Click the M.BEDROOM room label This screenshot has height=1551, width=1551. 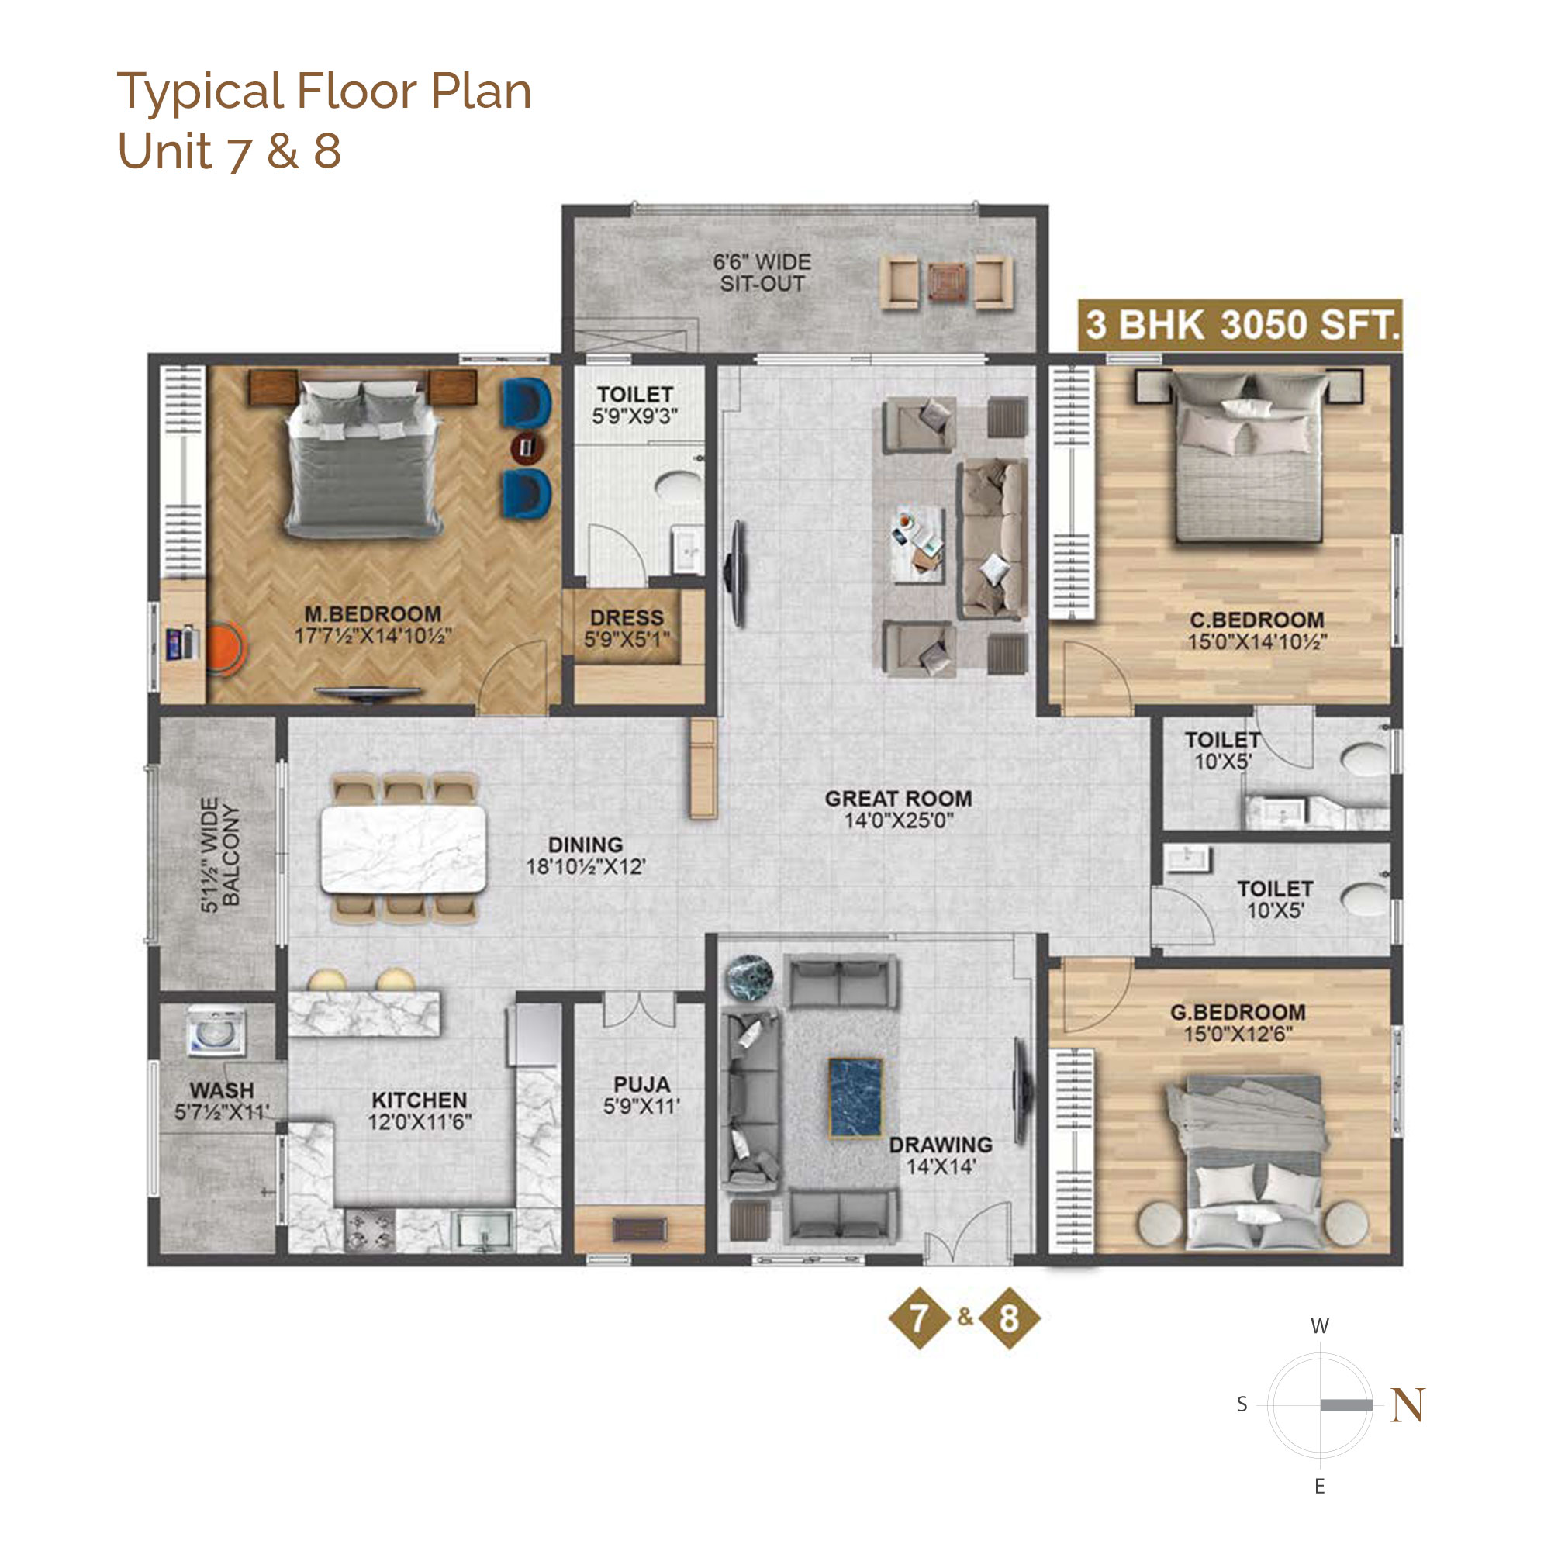(x=372, y=614)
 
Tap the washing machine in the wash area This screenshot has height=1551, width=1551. (x=216, y=1030)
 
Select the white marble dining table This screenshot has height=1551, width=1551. (x=403, y=848)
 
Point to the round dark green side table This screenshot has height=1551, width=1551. (x=749, y=977)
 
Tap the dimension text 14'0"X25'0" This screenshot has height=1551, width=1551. (x=898, y=820)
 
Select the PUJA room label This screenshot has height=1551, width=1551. (x=641, y=1084)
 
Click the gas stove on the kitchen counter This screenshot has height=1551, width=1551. (x=369, y=1231)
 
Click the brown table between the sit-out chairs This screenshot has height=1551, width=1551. (x=948, y=282)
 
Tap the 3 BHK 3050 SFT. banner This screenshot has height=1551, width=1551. (x=1240, y=325)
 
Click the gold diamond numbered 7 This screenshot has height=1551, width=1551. (x=918, y=1318)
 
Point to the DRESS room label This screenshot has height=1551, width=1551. (x=627, y=618)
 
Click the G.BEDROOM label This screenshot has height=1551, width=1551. (x=1237, y=1012)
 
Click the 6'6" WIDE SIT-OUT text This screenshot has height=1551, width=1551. (x=762, y=273)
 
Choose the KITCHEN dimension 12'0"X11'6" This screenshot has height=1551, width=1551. (x=420, y=1122)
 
